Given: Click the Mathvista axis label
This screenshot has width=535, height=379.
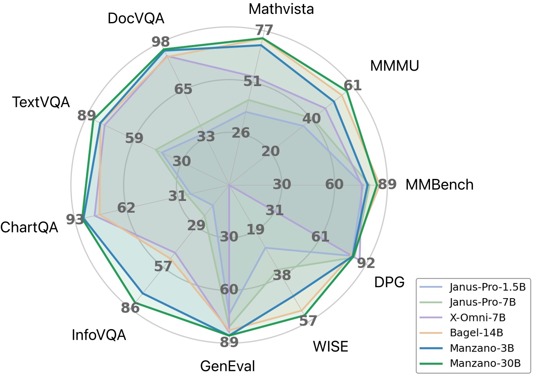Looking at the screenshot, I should (281, 9).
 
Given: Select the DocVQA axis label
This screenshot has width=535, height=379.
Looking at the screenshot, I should (136, 18).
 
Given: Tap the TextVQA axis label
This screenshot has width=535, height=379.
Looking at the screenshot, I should (41, 102).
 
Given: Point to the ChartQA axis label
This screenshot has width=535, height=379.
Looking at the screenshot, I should (29, 227).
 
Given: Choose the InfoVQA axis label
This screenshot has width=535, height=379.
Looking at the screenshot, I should (98, 335).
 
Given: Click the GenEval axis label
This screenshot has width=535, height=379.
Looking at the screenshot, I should (227, 366).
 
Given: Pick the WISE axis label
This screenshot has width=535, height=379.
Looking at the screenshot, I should (330, 346).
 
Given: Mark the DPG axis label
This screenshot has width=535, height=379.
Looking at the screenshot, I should (389, 282).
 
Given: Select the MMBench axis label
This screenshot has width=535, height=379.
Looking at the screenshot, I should (439, 185).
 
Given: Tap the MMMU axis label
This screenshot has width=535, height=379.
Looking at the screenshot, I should (394, 66).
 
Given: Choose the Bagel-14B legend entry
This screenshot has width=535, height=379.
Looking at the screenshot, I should (476, 332).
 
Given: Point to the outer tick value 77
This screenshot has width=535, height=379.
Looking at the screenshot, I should (264, 30).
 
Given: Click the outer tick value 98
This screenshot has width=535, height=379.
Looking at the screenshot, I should (161, 42).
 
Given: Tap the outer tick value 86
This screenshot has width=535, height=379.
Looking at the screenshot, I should (130, 308).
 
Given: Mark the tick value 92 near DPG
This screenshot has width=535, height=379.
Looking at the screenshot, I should (366, 263).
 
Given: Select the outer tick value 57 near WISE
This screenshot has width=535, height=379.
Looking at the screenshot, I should (308, 321).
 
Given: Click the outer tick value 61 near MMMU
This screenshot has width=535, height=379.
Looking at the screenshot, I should (352, 85).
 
